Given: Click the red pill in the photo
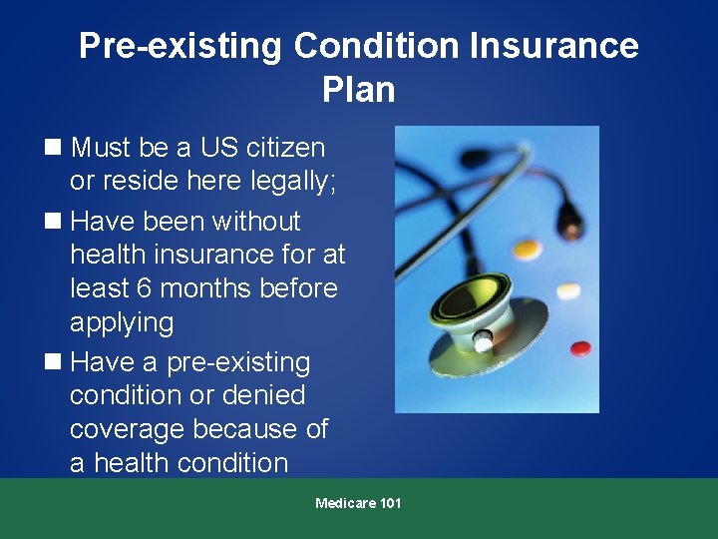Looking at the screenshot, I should click(x=579, y=349).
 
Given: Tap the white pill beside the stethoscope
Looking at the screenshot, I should click(x=568, y=291).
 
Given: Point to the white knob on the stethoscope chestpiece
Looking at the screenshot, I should click(x=483, y=343).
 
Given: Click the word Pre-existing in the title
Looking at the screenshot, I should click(x=180, y=46).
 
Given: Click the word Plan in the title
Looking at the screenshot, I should click(x=358, y=90).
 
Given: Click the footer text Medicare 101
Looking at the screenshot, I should click(x=358, y=503).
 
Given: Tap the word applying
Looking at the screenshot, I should click(x=122, y=322).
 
